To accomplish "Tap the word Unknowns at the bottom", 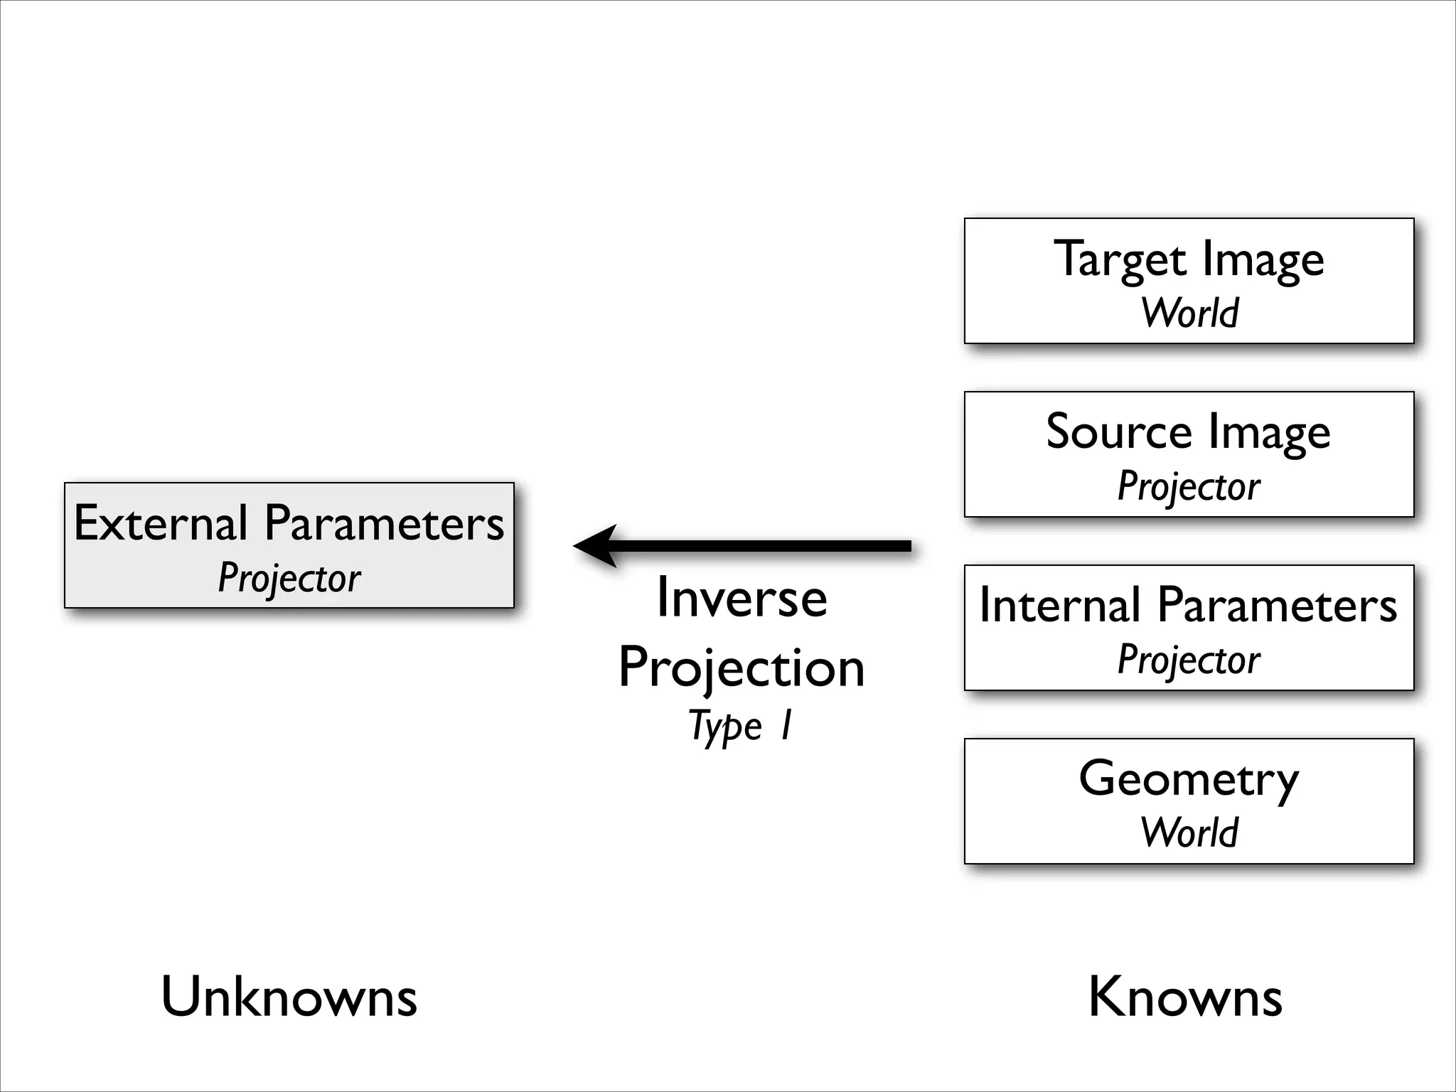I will tap(289, 997).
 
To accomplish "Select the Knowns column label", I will tap(1185, 997).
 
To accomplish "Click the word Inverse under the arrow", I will tap(742, 599).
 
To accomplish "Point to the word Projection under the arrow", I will tap(742, 668).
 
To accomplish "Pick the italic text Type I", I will tap(739, 727).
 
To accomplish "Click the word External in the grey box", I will tap(160, 523).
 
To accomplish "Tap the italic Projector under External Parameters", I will tap(289, 578).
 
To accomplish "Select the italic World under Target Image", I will tap(1189, 313).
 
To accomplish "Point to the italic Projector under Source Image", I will tap(1189, 487).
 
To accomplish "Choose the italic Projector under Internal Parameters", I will tap(1189, 660).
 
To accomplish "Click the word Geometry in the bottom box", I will tap(1189, 780).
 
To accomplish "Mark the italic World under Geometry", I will tap(1189, 833).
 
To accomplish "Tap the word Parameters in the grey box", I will tap(384, 523).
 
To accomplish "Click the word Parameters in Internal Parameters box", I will tap(1277, 606).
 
